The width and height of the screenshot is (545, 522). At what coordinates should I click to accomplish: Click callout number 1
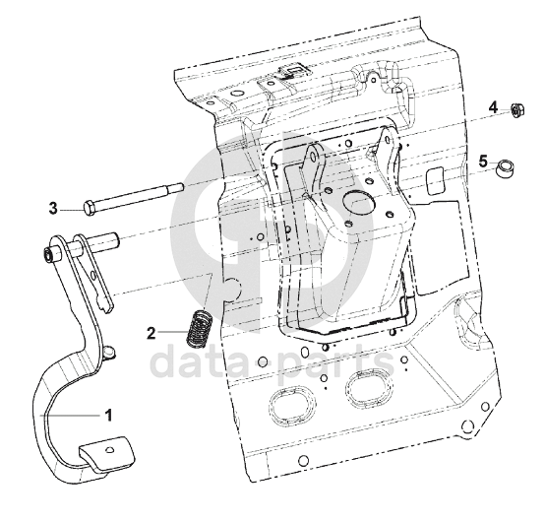(x=109, y=416)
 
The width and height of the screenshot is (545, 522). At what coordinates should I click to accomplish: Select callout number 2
(x=151, y=333)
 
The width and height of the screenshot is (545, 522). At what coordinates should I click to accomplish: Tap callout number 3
(x=53, y=209)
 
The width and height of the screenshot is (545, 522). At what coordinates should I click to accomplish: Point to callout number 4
(x=493, y=107)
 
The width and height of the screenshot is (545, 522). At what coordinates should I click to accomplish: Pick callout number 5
(x=483, y=162)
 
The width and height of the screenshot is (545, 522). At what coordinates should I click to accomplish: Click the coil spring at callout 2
(x=200, y=328)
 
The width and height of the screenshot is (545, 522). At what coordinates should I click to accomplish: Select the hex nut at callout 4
(x=517, y=110)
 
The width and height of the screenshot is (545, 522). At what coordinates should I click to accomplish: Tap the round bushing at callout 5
(x=505, y=168)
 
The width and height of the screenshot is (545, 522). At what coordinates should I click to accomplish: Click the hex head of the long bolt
(x=90, y=207)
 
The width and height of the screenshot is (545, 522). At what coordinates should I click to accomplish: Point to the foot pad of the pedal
(x=107, y=453)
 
